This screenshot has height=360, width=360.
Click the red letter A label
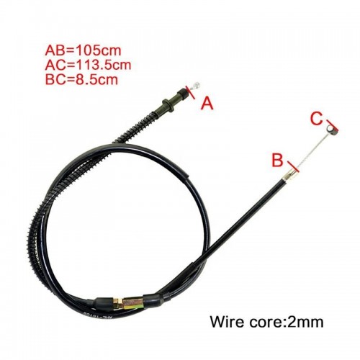207,104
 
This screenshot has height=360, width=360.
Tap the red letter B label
277,161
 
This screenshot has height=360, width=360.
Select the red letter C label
317,119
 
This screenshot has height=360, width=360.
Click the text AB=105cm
84,50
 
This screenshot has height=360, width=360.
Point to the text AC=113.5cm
88,65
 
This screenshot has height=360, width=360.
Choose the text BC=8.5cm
81,79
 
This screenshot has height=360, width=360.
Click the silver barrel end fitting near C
330,129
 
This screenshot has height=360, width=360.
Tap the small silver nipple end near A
196,85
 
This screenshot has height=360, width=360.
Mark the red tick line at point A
190,92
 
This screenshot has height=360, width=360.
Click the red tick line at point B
293,167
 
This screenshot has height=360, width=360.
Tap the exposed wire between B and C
312,150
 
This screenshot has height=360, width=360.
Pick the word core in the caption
266,322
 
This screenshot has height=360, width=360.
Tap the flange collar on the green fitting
168,105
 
